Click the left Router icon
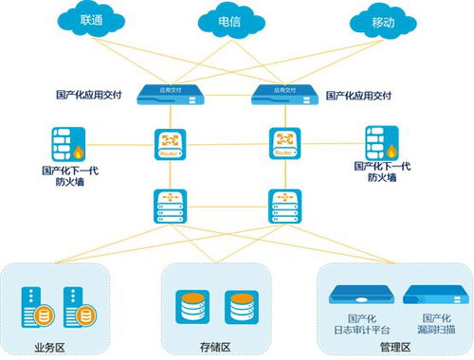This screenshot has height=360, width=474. [x=171, y=144]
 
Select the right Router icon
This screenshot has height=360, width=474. [x=283, y=144]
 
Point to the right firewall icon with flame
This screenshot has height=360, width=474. [x=384, y=145]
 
